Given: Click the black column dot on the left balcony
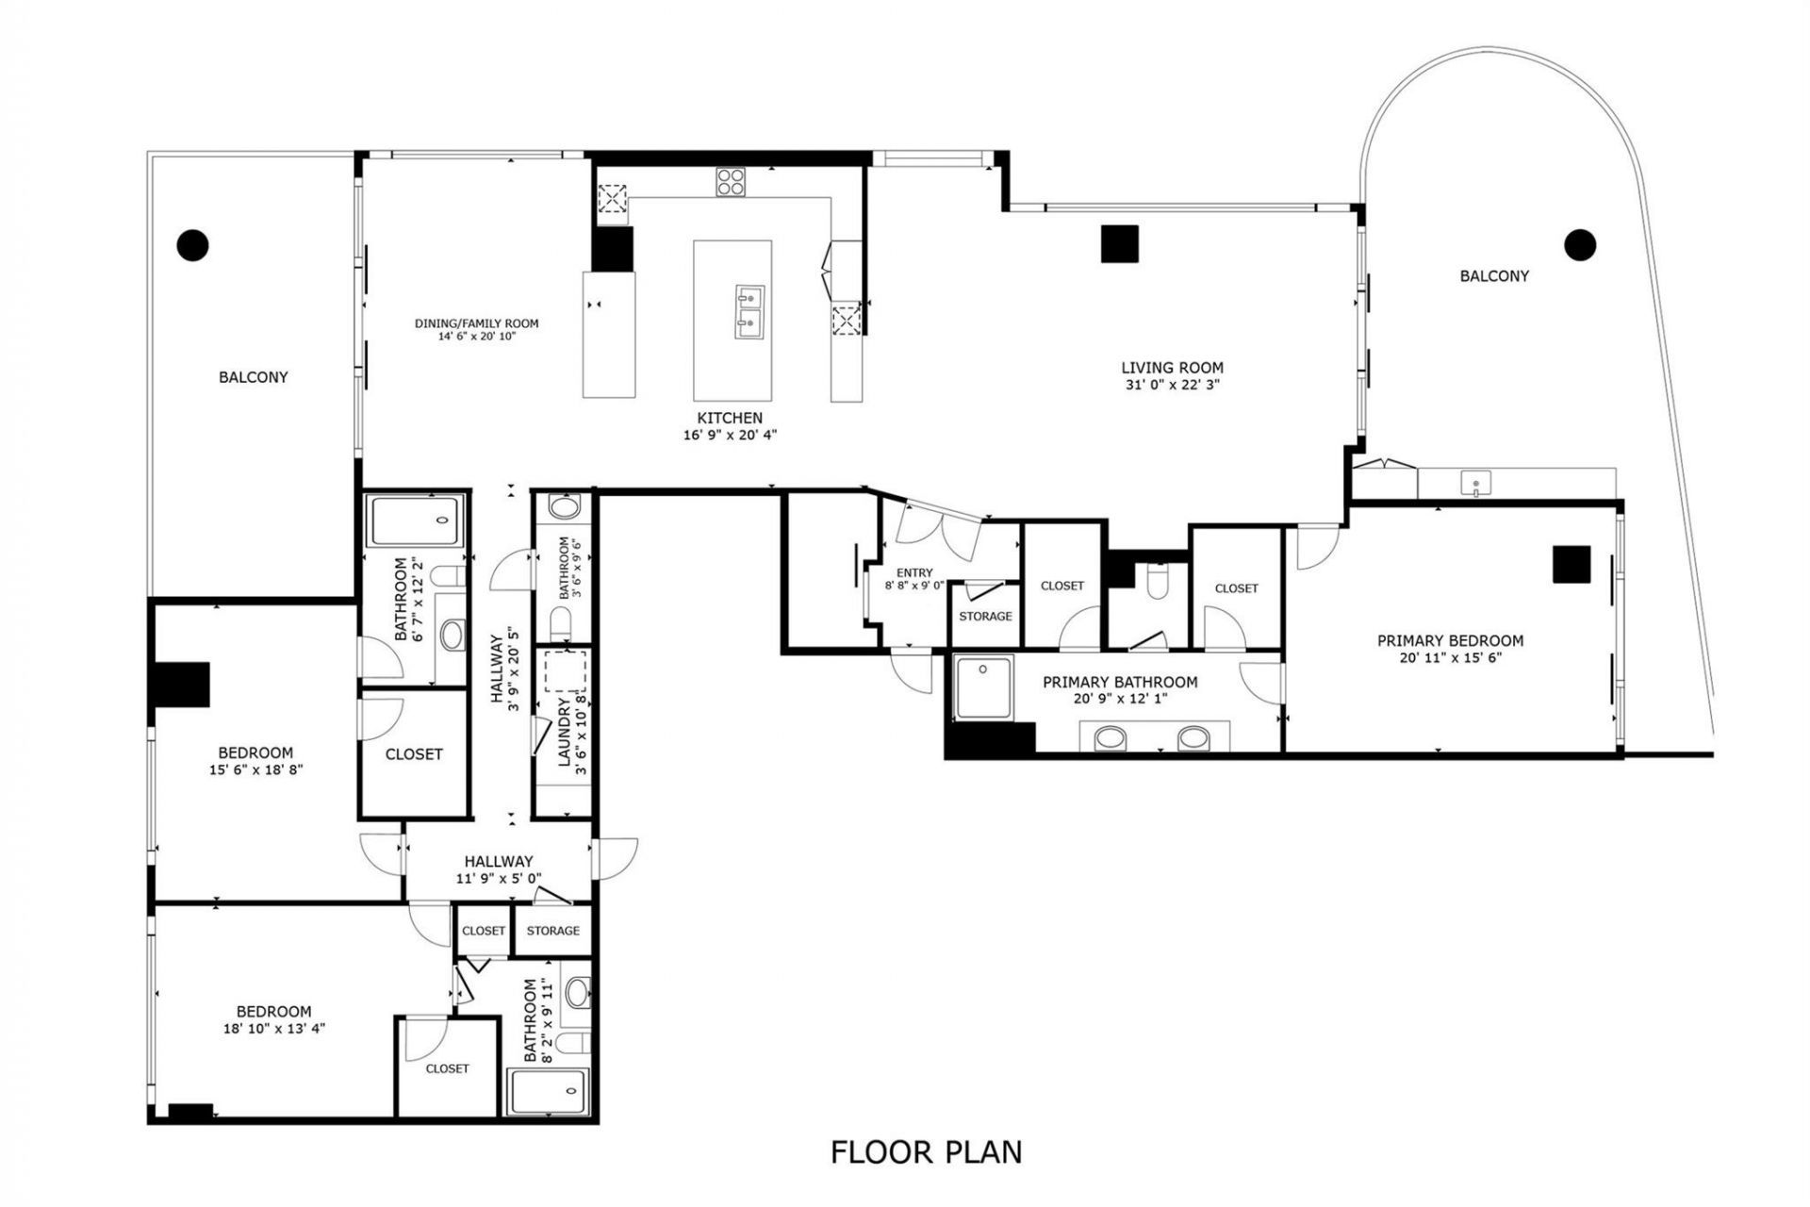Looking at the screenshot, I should (x=192, y=245).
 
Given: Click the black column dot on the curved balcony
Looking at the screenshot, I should (x=1580, y=245).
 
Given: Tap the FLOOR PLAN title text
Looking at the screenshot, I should (x=926, y=1151).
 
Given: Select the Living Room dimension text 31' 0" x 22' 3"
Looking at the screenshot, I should (x=1172, y=385).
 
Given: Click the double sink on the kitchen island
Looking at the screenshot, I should (x=749, y=312).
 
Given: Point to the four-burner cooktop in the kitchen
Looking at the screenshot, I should (x=730, y=181).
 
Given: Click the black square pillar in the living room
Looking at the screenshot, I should (x=1120, y=243).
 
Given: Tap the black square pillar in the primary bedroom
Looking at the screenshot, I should (x=1571, y=564).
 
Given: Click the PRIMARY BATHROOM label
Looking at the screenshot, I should (x=1120, y=682).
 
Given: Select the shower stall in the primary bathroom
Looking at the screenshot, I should (x=983, y=686).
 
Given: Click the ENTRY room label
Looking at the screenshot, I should (x=914, y=572).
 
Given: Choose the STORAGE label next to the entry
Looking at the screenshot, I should (x=985, y=616).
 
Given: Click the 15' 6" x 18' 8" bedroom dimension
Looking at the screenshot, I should (x=255, y=769).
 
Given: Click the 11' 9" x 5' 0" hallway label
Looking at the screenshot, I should (x=498, y=878).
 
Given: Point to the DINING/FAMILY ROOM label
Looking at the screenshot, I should (x=476, y=323).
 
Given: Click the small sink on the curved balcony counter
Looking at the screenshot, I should (x=1475, y=485).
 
